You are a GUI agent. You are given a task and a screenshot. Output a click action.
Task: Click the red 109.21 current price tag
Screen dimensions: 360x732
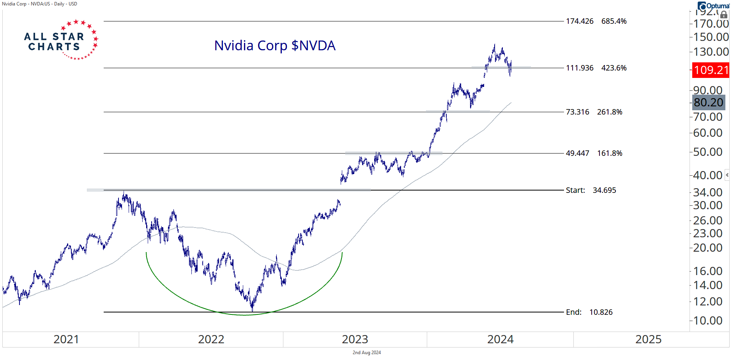711,70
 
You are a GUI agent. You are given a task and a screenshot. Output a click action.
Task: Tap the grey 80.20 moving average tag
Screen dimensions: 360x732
708,102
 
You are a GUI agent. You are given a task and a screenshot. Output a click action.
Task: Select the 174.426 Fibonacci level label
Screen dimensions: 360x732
580,21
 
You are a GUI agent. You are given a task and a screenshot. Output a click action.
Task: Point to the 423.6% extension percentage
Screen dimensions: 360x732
614,68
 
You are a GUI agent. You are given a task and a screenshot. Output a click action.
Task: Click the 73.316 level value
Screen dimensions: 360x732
577,112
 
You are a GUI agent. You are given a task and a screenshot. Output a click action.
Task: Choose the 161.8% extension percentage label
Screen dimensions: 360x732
610,154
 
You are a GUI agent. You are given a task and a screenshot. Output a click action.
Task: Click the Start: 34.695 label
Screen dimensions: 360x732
591,191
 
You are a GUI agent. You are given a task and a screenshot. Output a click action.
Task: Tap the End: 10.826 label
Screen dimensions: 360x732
589,312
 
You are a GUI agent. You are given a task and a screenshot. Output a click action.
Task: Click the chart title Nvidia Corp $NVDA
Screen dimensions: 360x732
275,46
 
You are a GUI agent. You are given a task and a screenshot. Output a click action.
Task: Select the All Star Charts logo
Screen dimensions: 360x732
60,41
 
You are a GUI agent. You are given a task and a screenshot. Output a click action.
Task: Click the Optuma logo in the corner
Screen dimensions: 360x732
714,6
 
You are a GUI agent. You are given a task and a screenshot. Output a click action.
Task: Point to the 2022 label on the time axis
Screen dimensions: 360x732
211,340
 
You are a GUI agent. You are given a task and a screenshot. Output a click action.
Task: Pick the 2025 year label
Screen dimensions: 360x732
648,340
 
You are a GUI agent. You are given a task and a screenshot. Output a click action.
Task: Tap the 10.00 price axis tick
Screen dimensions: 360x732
708,321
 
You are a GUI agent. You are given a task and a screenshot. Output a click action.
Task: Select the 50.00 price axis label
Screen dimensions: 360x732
708,152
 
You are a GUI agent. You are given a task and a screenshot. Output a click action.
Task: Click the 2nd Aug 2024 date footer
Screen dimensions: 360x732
366,353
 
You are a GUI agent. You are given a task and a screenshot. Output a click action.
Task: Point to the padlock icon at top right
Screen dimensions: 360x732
723,15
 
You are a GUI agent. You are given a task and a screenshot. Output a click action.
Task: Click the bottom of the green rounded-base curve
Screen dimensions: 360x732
245,315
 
